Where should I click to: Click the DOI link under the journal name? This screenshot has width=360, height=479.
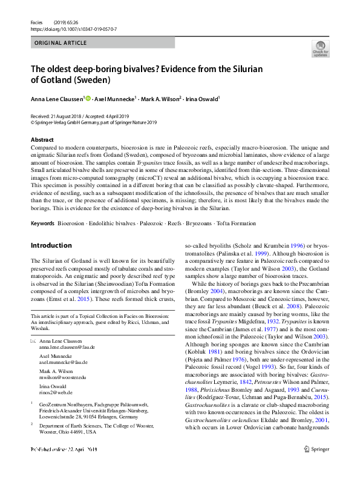click(73, 28)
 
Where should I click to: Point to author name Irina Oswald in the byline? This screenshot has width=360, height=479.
click(201, 99)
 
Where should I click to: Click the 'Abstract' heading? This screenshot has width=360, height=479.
click(42, 139)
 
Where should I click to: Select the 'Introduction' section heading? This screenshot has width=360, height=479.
click(51, 245)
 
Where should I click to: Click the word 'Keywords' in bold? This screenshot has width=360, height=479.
click(42, 223)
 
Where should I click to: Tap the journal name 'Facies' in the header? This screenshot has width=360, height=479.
click(37, 21)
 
